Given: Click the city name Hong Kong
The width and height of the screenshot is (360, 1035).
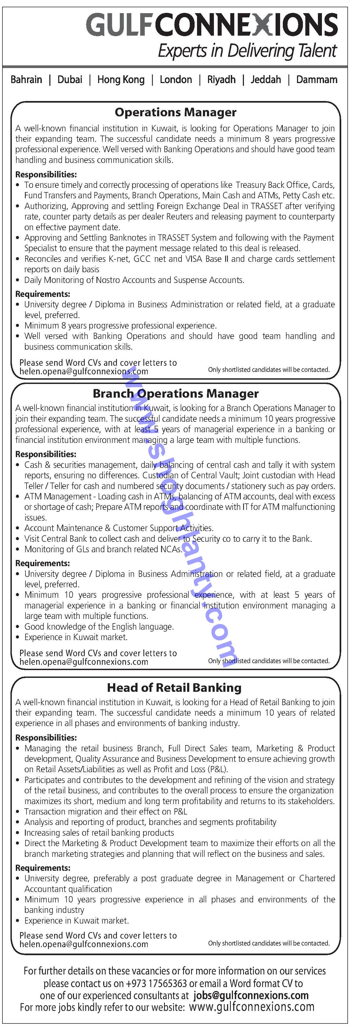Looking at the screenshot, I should [121, 80].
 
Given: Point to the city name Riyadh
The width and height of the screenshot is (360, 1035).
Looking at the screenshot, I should [221, 80].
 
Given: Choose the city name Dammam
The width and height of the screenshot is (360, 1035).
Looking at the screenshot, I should [317, 80].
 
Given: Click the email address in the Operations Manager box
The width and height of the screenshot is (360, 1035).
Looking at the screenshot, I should [84, 372].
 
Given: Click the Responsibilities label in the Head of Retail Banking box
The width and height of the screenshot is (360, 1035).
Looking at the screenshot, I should [46, 738].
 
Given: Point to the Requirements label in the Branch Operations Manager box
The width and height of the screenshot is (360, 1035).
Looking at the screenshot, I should [43, 563].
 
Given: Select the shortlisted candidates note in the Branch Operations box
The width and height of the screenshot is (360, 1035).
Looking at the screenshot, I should [268, 661].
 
